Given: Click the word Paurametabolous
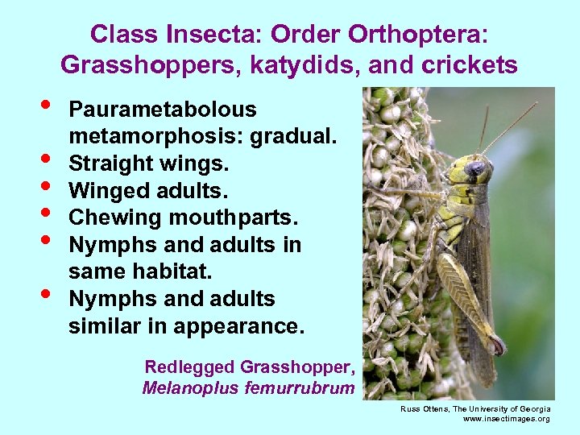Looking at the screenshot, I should coord(163,110).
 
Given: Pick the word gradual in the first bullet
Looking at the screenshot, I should coord(292,137).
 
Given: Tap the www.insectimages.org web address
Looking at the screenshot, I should coord(507,419).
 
